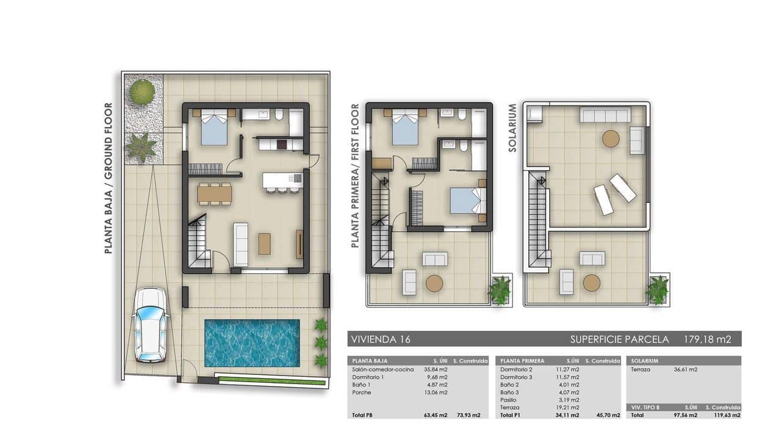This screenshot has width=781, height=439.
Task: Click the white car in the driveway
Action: (150, 324)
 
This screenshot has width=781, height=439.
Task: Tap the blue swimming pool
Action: (252, 343)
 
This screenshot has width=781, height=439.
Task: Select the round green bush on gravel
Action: (142, 92)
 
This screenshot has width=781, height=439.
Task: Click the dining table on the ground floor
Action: (214, 195)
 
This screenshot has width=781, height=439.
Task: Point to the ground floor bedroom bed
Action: (214, 128)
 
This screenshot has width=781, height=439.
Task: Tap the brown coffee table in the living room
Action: (264, 243)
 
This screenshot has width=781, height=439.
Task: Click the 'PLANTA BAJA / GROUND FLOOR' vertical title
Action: (109, 178)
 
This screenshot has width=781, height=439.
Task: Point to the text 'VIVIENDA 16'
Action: (379, 339)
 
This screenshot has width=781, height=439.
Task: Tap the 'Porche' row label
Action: (362, 392)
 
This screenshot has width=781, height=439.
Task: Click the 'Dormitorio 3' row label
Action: (518, 377)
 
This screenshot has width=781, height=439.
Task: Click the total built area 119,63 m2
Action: (724, 415)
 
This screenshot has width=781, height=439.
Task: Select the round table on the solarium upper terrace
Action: (611, 138)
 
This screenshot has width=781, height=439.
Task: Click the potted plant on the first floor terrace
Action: (500, 290)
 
